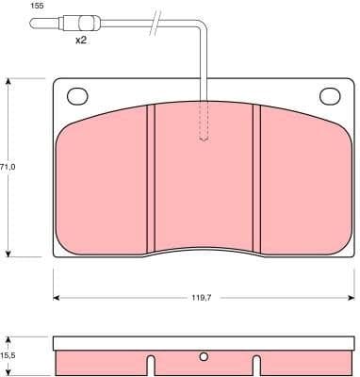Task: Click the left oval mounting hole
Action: click(76, 95)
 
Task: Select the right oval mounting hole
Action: click(331, 95)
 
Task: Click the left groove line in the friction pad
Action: click(149, 179)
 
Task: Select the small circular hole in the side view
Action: click(203, 357)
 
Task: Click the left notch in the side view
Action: click(149, 363)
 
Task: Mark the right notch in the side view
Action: click(255, 363)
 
